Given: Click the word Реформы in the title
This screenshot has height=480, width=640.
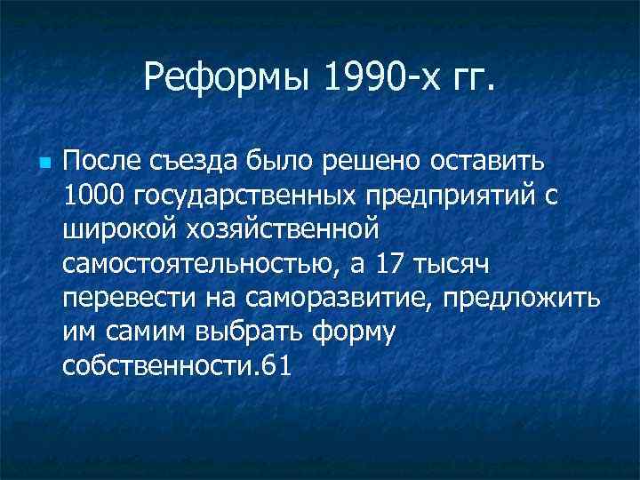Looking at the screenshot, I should point(227,81).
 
